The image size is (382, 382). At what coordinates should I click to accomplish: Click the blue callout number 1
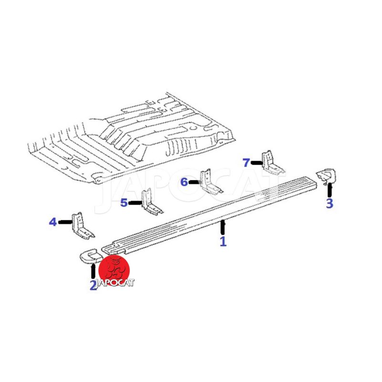pos(223,242)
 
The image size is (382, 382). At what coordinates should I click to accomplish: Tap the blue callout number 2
pos(93,285)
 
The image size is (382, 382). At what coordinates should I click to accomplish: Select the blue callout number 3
pos(329,203)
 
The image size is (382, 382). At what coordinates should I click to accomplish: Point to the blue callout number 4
pos(53,222)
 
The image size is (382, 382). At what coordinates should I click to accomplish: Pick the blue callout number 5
pos(124,202)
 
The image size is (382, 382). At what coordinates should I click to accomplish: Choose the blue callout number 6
pos(184,182)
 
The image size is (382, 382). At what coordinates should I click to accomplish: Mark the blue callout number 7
pos(246,163)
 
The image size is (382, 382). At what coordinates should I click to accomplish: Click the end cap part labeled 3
pos(327,176)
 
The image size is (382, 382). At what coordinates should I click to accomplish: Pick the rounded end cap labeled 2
pos(91,256)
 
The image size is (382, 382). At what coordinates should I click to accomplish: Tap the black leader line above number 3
pos(329,190)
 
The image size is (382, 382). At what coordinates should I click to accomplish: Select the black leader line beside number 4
pos(65,222)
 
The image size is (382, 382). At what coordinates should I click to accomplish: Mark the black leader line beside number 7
pos(257,163)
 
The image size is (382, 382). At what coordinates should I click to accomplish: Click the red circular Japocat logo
pos(114,270)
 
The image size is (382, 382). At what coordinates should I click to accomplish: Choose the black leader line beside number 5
pos(136,202)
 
